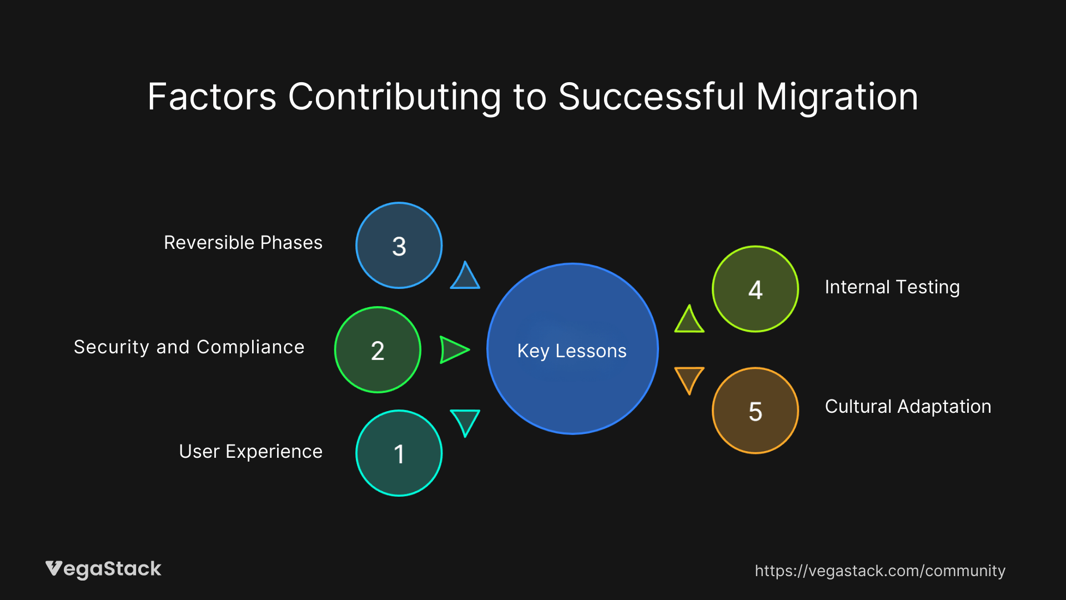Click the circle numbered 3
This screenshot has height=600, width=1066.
pyautogui.click(x=399, y=246)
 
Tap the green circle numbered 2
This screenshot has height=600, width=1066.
pyautogui.click(x=378, y=350)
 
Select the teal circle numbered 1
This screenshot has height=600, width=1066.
pyautogui.click(x=399, y=453)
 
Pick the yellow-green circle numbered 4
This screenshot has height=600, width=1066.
pyautogui.click(x=755, y=289)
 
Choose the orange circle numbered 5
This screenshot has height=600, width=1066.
pyautogui.click(x=755, y=411)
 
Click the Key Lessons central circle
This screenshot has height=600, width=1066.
pyautogui.click(x=572, y=349)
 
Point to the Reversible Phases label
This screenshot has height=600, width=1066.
pyautogui.click(x=243, y=243)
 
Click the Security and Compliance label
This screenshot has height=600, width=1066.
pyautogui.click(x=189, y=347)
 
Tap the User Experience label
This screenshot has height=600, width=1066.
pyautogui.click(x=250, y=452)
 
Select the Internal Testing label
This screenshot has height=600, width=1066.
pyautogui.click(x=892, y=287)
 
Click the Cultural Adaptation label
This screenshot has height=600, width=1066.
pyautogui.click(x=908, y=407)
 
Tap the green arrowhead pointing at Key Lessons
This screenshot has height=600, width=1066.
pyautogui.click(x=453, y=350)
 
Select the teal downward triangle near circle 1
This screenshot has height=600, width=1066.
pyautogui.click(x=465, y=421)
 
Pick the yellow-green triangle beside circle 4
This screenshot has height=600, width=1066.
pyautogui.click(x=689, y=321)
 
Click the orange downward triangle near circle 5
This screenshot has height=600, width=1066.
pyautogui.click(x=689, y=378)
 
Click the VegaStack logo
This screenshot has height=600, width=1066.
pyautogui.click(x=103, y=569)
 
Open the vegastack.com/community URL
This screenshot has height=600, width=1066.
pyautogui.click(x=879, y=571)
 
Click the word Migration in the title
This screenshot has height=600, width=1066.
pyautogui.click(x=837, y=97)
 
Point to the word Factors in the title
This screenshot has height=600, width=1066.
pyautogui.click(x=212, y=97)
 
